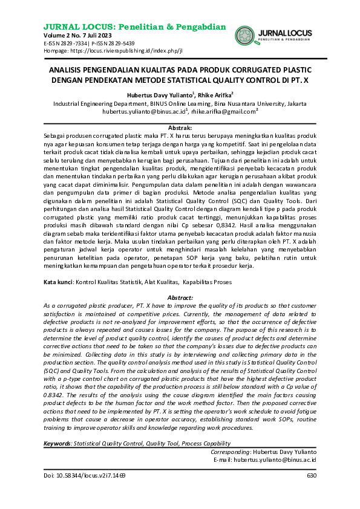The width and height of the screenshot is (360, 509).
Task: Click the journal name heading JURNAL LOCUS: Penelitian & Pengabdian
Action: click(x=135, y=27)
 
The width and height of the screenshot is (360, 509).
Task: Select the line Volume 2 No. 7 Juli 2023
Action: click(x=78, y=36)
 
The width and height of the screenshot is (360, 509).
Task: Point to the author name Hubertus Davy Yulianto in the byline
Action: click(x=159, y=95)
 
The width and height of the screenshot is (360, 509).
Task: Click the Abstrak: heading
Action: click(x=180, y=129)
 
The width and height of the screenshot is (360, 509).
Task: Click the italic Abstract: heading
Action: click(x=180, y=282)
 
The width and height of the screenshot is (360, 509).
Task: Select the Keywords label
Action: click(x=58, y=444)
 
